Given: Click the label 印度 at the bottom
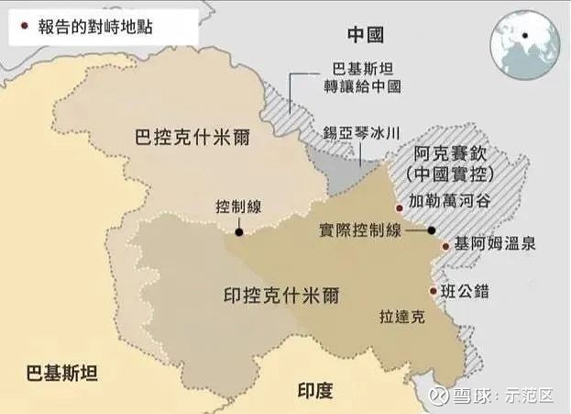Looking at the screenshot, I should click(x=315, y=389).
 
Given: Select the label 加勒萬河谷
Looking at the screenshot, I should click(x=449, y=200).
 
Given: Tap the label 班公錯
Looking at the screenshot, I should click(x=465, y=291).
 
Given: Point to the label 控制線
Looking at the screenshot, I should click(x=237, y=207).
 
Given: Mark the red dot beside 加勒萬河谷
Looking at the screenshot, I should click(x=398, y=208).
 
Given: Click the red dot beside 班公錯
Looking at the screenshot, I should click(x=434, y=292).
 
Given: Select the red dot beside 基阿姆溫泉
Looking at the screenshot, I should click(x=446, y=245).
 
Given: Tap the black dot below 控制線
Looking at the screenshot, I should click(x=238, y=233).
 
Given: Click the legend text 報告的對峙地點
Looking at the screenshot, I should click(x=91, y=27).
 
